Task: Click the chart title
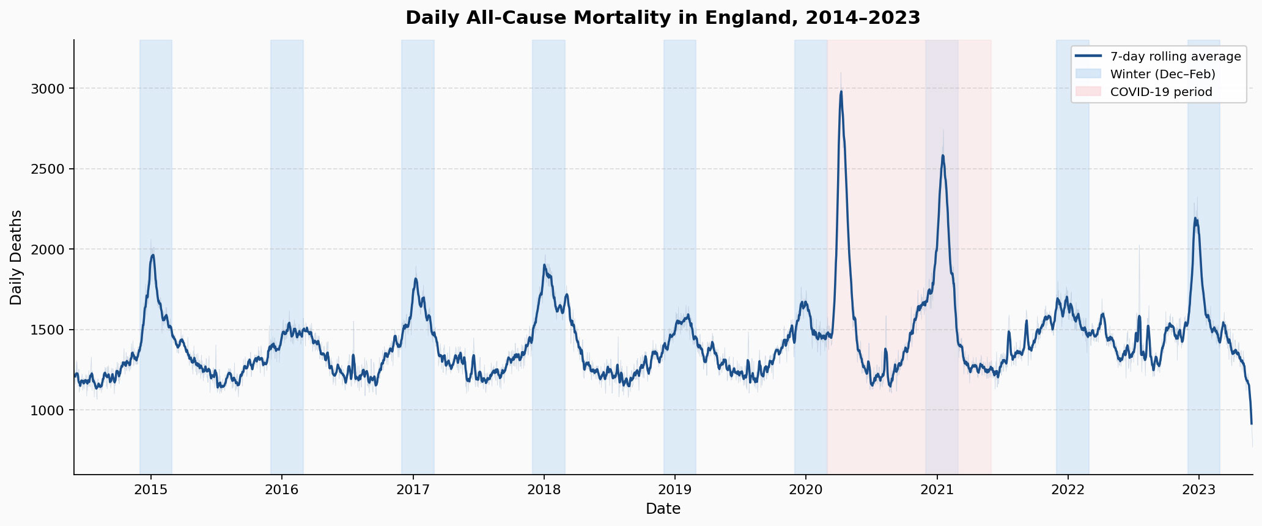click(x=663, y=18)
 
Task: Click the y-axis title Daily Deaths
click(x=17, y=257)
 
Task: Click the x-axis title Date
click(x=663, y=509)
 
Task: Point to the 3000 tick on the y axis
click(x=48, y=89)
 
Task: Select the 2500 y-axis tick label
click(x=48, y=169)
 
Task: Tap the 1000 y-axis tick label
click(x=48, y=410)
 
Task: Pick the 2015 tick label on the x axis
click(x=151, y=489)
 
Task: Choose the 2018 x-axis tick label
click(x=544, y=489)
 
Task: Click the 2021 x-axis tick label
click(x=937, y=489)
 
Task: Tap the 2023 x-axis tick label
click(x=1198, y=489)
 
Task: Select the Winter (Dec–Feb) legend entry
click(x=1162, y=75)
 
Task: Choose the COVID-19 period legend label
click(x=1161, y=92)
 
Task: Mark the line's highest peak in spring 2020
click(x=841, y=92)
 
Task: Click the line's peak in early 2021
click(x=943, y=155)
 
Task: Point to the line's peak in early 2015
click(x=153, y=255)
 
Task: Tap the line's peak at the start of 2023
click(x=1195, y=218)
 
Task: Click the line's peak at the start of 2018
click(x=544, y=265)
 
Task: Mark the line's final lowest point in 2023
click(x=1252, y=423)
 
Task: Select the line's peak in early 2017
click(x=416, y=279)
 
